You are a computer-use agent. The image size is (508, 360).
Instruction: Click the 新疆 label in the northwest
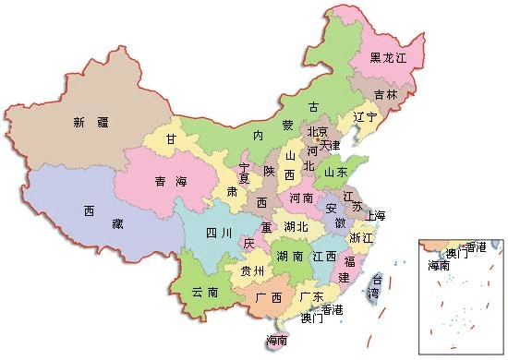[x=91, y=122]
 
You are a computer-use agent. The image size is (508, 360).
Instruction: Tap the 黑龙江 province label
[x=389, y=57]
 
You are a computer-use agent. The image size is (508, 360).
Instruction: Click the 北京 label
[x=318, y=131]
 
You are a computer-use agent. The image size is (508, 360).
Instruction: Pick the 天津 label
[x=330, y=145]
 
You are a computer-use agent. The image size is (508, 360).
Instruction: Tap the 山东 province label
[x=336, y=172]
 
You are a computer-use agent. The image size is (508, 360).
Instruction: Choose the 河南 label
[x=301, y=198]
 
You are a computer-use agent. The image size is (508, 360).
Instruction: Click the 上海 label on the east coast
[x=375, y=216]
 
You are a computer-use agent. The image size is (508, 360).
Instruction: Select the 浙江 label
[x=361, y=238]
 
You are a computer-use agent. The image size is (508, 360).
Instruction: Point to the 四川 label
[x=218, y=232]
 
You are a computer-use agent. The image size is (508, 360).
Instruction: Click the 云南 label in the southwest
[x=205, y=292]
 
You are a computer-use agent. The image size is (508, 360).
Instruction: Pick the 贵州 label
[x=251, y=271]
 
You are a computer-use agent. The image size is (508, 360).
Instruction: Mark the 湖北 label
[x=296, y=226]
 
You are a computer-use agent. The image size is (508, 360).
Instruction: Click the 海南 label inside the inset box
[x=439, y=265]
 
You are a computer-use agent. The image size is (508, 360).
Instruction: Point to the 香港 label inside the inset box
[x=475, y=246]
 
